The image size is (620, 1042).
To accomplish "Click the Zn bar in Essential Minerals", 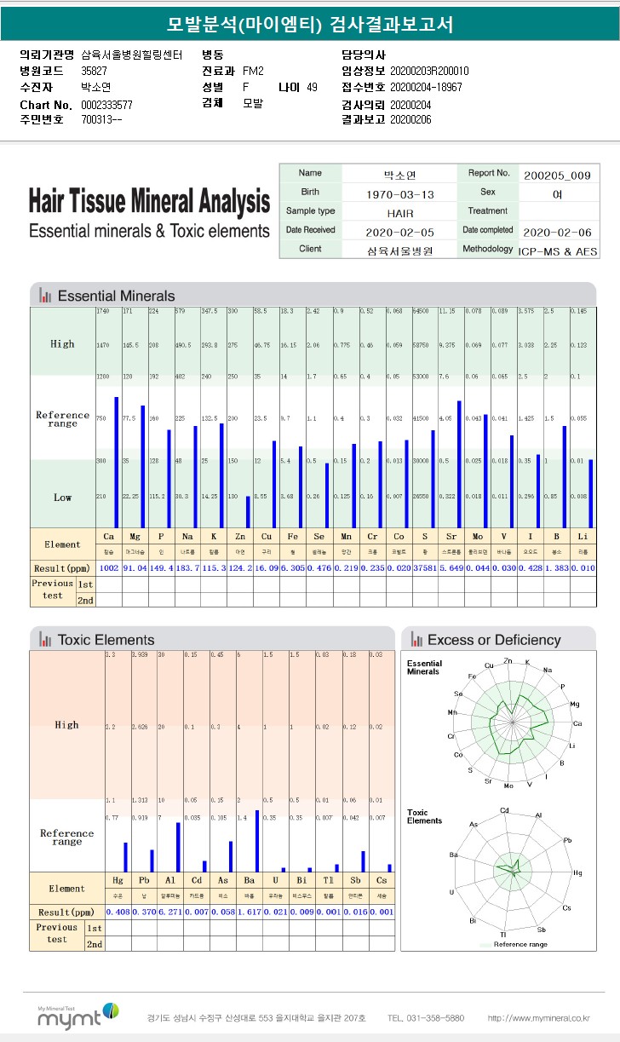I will [248, 511].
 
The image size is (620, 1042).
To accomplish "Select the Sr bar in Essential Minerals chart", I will [459, 463].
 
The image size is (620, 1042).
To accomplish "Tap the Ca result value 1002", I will [109, 567].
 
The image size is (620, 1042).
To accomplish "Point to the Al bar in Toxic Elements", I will [178, 847].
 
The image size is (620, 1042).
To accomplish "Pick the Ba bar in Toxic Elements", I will [257, 840].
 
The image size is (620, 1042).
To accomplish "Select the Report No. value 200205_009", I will [558, 175].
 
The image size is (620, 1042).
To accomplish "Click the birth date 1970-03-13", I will [399, 194].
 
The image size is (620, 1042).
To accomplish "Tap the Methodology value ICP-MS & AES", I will [558, 251].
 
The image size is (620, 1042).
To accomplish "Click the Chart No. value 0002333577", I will [106, 105].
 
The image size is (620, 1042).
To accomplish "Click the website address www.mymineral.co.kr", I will [538, 1018].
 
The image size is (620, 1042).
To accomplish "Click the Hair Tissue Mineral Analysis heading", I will [149, 203].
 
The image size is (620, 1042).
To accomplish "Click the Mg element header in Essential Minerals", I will [135, 537].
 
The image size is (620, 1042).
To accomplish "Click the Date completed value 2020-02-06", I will [558, 233].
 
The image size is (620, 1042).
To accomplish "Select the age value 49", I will [312, 87].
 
